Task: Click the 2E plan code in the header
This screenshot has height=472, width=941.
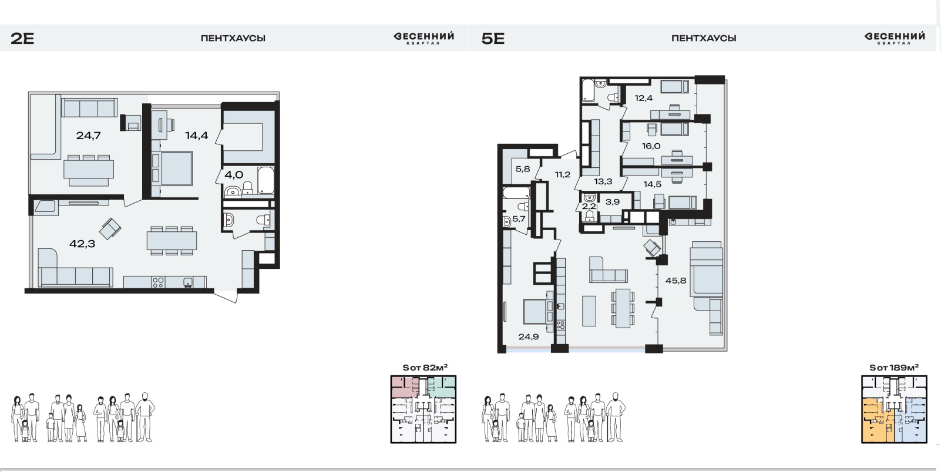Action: (22, 39)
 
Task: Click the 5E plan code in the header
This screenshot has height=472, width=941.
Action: (493, 39)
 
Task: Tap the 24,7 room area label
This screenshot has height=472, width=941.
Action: (88, 136)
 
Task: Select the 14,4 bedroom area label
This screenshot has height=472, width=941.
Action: (197, 136)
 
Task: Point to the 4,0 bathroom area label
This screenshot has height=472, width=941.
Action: (234, 175)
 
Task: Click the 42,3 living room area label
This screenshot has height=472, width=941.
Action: (82, 244)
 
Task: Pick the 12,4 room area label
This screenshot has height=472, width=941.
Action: (644, 98)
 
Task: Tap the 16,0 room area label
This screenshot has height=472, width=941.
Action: (651, 146)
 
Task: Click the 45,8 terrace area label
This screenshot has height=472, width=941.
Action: (676, 281)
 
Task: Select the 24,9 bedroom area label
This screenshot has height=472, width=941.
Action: (529, 336)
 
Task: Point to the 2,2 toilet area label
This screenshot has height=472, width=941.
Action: (589, 206)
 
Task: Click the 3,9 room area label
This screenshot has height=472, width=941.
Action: (613, 201)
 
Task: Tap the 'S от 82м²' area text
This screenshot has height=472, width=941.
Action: (425, 368)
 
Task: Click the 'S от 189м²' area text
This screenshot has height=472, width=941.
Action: (894, 368)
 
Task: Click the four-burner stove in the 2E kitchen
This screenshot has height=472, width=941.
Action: (158, 282)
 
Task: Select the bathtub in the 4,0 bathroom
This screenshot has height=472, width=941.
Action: (266, 181)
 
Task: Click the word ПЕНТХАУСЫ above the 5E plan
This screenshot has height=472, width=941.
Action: (704, 38)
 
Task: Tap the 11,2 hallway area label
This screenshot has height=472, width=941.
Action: (563, 175)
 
